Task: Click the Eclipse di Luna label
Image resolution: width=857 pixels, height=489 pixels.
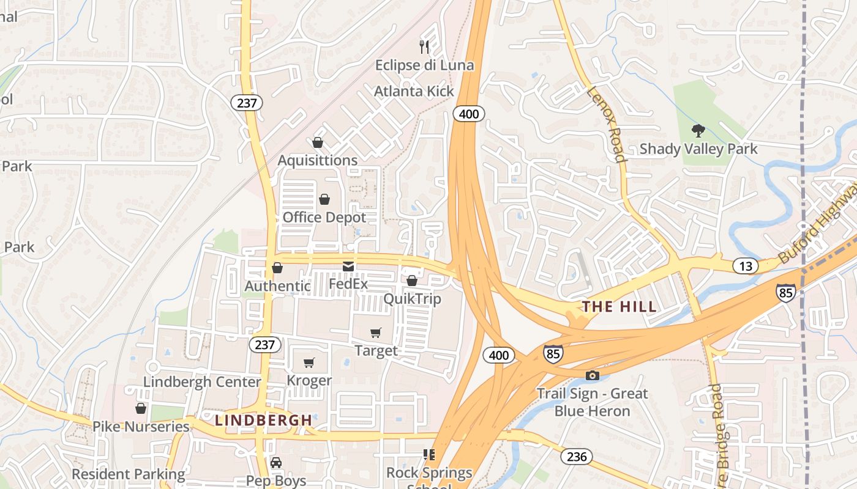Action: tap(424, 65)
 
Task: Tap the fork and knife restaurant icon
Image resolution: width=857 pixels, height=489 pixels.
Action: tap(424, 46)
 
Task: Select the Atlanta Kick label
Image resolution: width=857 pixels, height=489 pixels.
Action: tap(414, 91)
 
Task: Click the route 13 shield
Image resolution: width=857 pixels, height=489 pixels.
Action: tap(746, 266)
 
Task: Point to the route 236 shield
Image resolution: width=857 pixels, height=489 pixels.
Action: tap(576, 456)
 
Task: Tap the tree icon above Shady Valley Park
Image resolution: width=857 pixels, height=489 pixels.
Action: tap(697, 130)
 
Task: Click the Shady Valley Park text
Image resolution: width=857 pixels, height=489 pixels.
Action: tap(698, 149)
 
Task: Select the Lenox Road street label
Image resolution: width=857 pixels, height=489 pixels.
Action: tap(608, 124)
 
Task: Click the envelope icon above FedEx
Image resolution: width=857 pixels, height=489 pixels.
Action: tap(348, 266)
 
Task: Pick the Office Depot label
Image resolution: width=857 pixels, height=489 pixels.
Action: tap(324, 218)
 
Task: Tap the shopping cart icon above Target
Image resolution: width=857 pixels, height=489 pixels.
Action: tap(375, 333)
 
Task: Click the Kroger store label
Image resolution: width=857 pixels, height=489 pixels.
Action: tap(309, 380)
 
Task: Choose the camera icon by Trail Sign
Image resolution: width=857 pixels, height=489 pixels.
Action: tap(592, 375)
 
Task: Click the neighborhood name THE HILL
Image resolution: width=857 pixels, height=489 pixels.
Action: tap(619, 306)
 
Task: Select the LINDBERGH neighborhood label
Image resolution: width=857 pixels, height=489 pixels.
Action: tap(264, 420)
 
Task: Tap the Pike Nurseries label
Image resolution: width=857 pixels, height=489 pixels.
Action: tap(141, 426)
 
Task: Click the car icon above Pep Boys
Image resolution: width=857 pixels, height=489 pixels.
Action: tap(276, 462)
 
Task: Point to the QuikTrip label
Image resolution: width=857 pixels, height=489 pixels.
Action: tap(412, 299)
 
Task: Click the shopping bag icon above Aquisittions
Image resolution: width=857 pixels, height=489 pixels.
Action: tap(318, 142)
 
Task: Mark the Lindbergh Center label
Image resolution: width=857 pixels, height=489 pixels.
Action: tap(202, 382)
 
